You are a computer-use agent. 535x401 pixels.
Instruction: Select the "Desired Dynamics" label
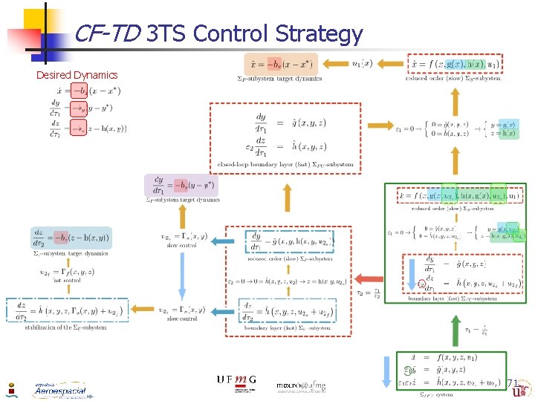coord(77,74)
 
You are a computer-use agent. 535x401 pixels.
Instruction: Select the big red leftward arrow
coord(369,279)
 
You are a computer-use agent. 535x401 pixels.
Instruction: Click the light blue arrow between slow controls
coord(183,276)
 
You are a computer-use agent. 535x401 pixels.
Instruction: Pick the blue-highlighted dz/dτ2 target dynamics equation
coord(71,237)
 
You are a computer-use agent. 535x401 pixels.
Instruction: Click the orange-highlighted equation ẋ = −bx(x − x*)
coord(280,63)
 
